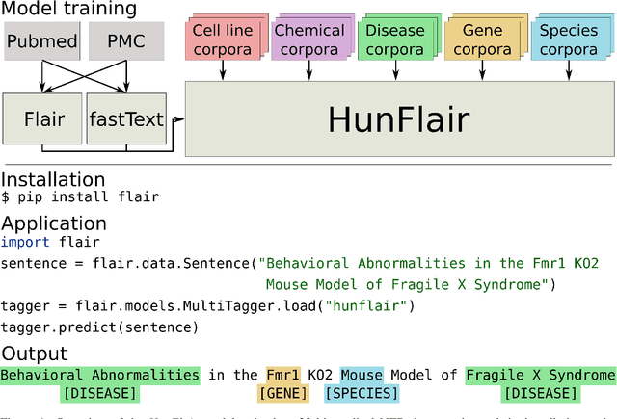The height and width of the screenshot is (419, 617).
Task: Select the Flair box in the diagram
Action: (43, 121)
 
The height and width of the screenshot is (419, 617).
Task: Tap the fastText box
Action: (125, 121)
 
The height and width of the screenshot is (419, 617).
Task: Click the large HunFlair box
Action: (398, 119)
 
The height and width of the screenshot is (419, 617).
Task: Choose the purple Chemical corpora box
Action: (308, 39)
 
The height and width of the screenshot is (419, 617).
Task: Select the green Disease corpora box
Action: (394, 39)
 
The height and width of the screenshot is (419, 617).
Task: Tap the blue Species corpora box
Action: (568, 39)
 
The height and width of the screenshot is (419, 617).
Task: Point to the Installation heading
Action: (53, 179)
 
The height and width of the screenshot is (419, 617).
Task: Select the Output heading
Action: (35, 353)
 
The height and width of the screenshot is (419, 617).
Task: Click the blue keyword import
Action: (22, 242)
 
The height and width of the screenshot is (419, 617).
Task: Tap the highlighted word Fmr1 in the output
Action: (282, 375)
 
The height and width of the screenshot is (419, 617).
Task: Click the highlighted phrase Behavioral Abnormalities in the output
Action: (100, 375)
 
